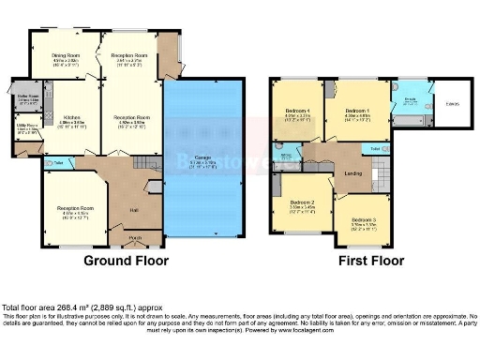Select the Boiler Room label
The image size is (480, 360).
[x=27, y=97]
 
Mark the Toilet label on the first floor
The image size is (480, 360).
[x=375, y=149]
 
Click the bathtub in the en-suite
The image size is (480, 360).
[x=410, y=122]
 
